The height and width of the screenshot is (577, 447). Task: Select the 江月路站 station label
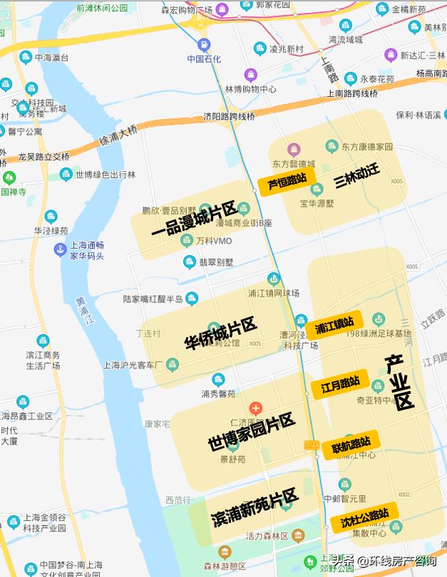coord(340,386)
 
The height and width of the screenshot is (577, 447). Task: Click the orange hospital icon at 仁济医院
coord(255,408)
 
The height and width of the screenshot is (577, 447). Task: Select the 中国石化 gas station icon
coord(204,44)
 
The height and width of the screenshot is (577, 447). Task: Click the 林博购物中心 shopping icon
coord(250,75)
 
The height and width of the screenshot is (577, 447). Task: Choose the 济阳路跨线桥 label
coord(229,116)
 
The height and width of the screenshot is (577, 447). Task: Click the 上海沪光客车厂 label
coord(133,365)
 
